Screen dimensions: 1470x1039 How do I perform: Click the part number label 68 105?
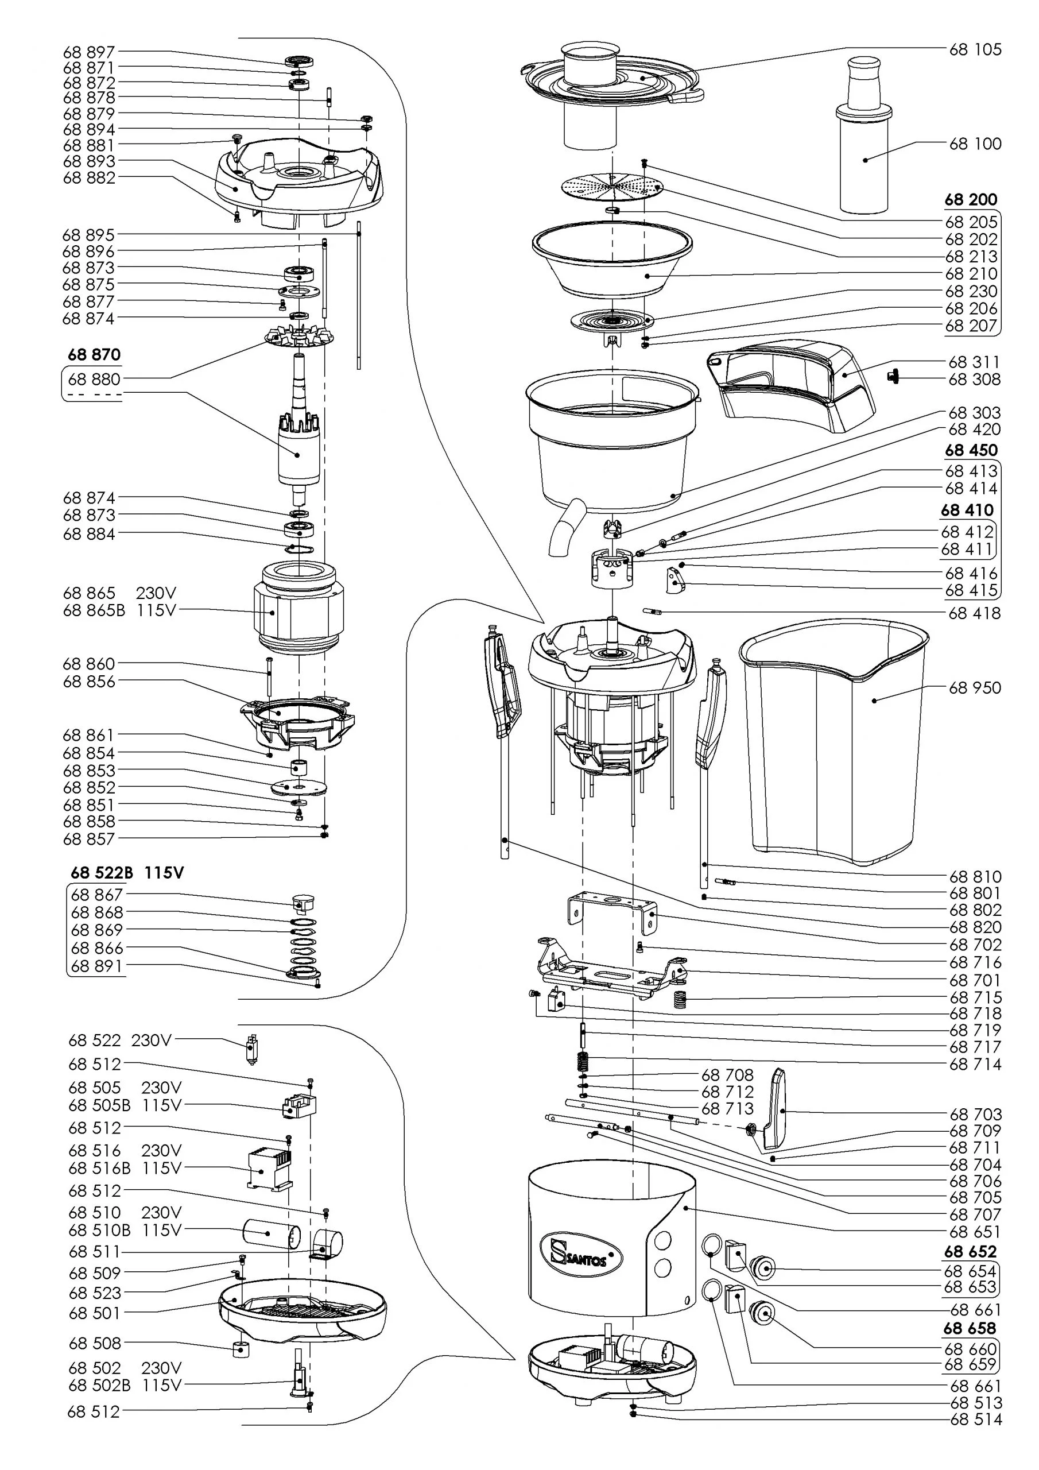pos(975,50)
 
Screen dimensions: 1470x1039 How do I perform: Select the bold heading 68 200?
pos(971,200)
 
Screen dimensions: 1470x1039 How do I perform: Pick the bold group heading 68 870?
pos(94,355)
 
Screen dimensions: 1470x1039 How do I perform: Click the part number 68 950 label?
pos(974,687)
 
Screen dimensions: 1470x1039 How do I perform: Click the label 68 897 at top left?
pos(89,52)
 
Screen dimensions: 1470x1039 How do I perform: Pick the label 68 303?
pos(974,413)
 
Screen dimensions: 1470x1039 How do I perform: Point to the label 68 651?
pos(975,1231)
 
